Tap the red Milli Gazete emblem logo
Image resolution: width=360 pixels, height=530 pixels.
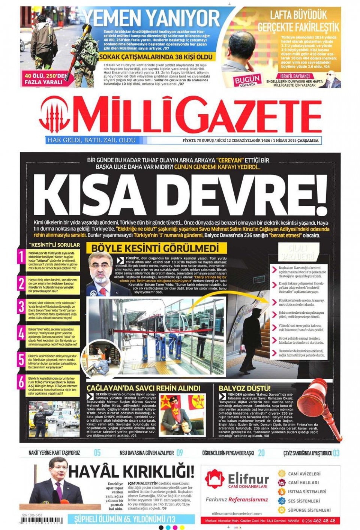tap(54, 115)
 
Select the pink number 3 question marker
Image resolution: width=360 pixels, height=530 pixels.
tap(21, 307)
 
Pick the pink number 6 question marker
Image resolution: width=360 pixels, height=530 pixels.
tap(21, 382)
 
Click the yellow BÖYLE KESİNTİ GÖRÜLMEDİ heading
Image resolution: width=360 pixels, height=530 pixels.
tap(155, 248)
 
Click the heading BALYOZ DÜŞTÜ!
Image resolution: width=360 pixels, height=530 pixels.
tap(244, 388)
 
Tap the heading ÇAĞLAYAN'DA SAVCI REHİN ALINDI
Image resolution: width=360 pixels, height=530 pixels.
tap(143, 388)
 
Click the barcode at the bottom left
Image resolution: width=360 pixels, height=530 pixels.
tap(42, 521)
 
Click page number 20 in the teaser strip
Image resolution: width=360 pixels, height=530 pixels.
tap(261, 453)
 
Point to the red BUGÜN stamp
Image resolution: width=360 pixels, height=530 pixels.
tap(247, 80)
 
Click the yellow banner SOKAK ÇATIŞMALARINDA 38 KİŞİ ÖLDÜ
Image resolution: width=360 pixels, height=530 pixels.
tap(157, 57)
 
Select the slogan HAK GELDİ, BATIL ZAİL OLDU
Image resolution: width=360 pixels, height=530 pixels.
tap(91, 140)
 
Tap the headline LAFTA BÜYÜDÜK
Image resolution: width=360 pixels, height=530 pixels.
tap(299, 15)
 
